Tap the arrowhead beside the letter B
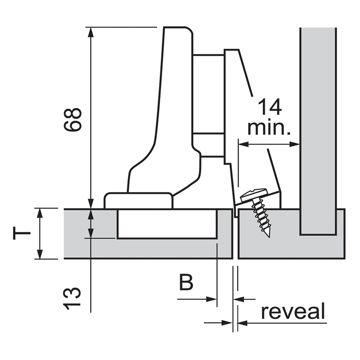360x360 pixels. [212, 299]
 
